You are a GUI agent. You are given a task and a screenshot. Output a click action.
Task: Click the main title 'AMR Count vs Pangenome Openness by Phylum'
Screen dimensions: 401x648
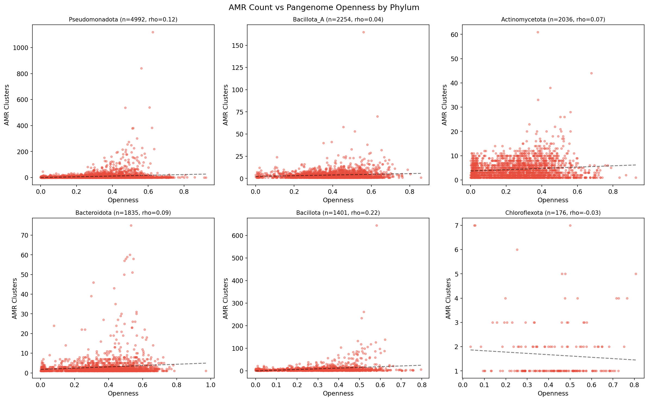(324, 8)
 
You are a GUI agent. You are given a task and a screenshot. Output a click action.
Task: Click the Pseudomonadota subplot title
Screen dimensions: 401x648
(123, 20)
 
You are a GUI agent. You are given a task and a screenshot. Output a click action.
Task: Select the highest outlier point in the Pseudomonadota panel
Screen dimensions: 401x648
(153, 32)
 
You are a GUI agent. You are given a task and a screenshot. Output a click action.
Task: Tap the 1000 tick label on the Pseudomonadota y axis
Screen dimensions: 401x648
(20, 48)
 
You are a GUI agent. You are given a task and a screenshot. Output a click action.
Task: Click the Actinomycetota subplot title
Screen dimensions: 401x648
(553, 20)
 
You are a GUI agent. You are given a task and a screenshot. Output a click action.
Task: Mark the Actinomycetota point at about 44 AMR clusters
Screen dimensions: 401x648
(591, 73)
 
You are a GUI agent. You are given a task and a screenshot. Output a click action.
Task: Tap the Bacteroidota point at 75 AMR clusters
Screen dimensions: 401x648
(131, 225)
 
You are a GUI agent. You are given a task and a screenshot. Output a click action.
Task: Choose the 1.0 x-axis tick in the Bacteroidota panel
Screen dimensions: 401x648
(210, 385)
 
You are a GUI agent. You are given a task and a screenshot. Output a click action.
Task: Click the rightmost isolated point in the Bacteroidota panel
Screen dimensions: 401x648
(206, 371)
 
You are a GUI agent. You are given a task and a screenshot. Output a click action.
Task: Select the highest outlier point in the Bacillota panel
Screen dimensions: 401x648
(377, 225)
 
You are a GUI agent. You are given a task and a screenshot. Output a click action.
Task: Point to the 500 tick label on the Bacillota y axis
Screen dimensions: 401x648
(237, 258)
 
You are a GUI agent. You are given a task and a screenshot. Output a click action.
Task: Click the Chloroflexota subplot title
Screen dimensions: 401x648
(553, 213)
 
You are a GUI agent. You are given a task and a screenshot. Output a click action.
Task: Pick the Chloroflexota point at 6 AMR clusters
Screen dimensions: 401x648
(517, 250)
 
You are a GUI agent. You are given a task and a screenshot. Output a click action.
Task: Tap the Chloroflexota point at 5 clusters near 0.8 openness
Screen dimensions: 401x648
(636, 274)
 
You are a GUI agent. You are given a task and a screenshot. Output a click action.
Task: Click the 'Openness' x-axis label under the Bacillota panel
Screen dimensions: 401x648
(338, 393)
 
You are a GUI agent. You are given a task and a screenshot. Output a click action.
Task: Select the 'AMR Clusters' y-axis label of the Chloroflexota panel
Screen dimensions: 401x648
(448, 298)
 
